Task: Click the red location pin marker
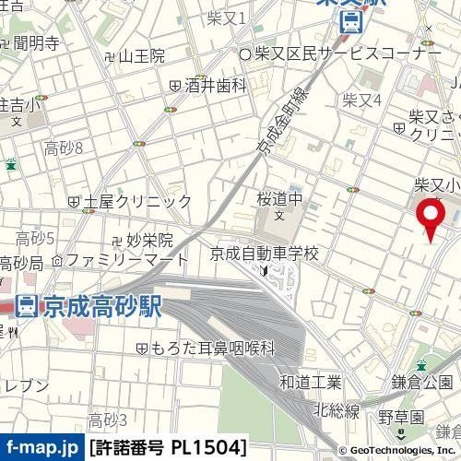click(430, 217)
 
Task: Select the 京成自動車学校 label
click(264, 253)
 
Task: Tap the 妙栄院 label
click(150, 240)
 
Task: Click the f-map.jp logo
click(41, 448)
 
